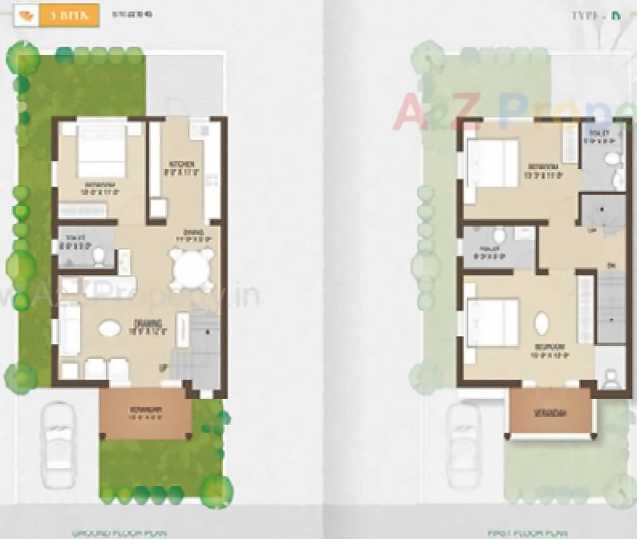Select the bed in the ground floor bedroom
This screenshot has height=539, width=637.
pyautogui.click(x=101, y=151)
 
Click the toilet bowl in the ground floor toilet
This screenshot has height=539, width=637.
pyautogui.click(x=99, y=256)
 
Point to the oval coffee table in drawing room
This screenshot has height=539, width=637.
pyautogui.click(x=110, y=329)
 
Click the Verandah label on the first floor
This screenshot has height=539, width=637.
pyautogui.click(x=550, y=414)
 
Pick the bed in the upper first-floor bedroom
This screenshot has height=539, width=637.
pyautogui.click(x=493, y=163)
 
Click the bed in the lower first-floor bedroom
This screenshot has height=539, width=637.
pyautogui.click(x=493, y=322)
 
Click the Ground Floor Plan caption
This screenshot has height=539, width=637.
pyautogui.click(x=120, y=533)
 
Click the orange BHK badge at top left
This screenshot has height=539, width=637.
pyautogui.click(x=69, y=15)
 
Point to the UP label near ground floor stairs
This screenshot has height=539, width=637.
pyautogui.click(x=164, y=368)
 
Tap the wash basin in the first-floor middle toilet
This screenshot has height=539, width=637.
pyautogui.click(x=499, y=237)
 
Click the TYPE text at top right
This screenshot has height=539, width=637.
pyautogui.click(x=586, y=16)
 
